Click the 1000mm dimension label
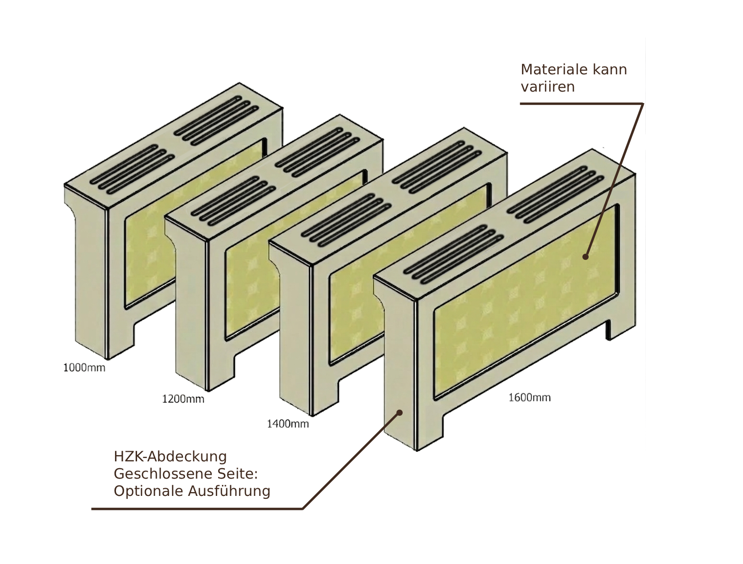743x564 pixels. point(84,368)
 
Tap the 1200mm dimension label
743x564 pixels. point(183,399)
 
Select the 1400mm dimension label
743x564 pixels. point(288,423)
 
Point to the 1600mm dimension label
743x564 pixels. point(529,397)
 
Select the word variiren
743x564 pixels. point(548,87)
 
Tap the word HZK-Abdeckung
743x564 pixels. point(170,457)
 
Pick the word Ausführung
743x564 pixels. point(229,491)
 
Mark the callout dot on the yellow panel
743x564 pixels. point(585,257)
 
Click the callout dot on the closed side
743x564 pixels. point(399,412)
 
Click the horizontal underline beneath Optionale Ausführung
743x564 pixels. point(197,509)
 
